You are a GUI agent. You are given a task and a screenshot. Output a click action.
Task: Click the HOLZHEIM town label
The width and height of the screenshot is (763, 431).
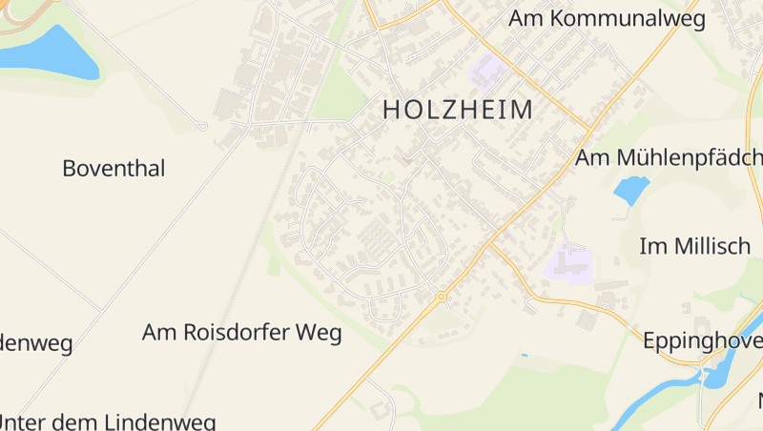point(458,110)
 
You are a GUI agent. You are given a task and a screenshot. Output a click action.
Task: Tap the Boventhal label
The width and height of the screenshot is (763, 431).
point(113,169)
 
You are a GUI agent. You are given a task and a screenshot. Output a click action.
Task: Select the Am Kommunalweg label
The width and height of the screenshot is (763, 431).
point(606,18)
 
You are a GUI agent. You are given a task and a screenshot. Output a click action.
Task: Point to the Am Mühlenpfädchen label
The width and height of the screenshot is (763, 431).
point(669,157)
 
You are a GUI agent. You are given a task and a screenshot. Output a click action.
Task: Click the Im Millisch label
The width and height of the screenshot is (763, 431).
point(694,246)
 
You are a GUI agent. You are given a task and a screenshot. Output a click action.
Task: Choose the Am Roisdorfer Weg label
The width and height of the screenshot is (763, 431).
point(241,333)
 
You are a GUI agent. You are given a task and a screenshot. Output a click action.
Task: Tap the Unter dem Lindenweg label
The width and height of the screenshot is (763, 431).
point(108,421)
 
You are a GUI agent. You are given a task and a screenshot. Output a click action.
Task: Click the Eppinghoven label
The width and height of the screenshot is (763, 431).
point(702,340)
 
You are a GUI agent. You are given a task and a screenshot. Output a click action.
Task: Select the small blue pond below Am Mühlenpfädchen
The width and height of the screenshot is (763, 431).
point(630,190)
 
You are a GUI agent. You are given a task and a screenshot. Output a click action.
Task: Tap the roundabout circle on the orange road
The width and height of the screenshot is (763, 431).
point(442,297)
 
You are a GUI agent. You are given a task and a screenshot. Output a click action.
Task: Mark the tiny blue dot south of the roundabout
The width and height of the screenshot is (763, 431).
point(524,356)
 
